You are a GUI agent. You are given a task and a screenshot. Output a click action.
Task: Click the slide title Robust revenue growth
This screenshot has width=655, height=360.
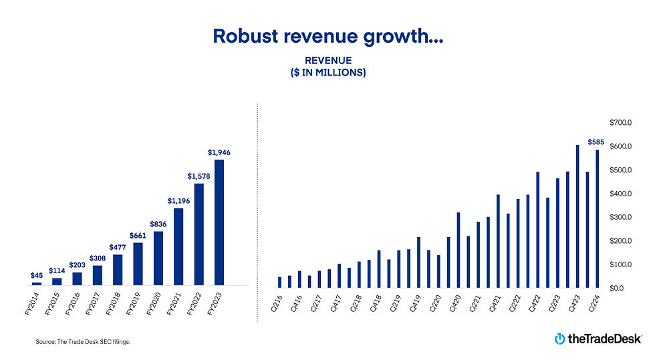coord(327,36)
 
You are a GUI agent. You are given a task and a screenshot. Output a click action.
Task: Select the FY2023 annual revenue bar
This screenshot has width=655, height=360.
coord(219,222)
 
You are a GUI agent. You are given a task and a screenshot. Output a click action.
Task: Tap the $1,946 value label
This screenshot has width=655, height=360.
coord(219,153)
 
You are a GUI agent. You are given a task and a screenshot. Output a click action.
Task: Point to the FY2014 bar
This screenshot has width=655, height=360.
coord(37,284)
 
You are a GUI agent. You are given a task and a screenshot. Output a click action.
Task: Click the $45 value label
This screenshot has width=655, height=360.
coord(37,275)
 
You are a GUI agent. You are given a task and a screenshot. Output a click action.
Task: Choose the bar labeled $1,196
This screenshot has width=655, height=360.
coord(178,246)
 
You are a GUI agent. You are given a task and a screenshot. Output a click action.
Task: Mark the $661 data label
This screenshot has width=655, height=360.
coord(138,235)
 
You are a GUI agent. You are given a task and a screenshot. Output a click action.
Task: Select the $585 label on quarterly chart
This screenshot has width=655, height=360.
coord(596,142)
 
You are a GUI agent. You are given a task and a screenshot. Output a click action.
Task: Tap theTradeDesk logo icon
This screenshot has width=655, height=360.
coord(559,339)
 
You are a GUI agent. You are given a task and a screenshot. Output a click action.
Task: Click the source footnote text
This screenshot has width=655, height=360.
coord(83,342)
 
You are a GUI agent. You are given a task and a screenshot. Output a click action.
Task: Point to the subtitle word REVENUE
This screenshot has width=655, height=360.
coord(327,61)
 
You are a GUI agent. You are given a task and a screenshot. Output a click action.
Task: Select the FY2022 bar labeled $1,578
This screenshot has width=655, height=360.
coord(199,234)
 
